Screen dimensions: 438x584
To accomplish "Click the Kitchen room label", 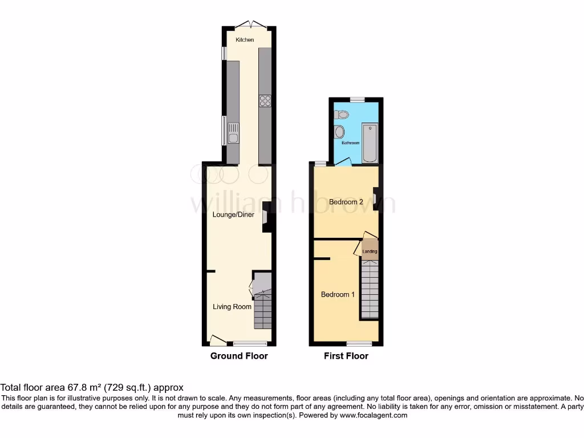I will click(x=245, y=40).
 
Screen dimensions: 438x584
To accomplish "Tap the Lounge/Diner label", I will click(x=233, y=215).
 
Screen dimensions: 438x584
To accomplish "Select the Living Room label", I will click(x=232, y=307).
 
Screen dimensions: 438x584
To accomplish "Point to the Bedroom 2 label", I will click(x=346, y=202).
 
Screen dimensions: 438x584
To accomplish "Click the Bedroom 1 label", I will click(x=338, y=295).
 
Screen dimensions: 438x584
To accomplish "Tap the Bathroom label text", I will click(x=350, y=143).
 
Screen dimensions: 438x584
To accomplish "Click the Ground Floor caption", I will click(x=239, y=356).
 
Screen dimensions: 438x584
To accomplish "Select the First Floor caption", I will click(x=346, y=356).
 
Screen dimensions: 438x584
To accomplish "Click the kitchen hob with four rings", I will click(x=265, y=101).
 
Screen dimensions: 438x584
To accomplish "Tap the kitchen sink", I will click(x=233, y=136).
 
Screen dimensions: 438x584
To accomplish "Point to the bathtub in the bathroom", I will click(x=370, y=143).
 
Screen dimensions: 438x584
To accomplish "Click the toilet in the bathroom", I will click(x=342, y=115).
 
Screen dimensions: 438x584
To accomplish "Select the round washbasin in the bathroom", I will click(x=340, y=133).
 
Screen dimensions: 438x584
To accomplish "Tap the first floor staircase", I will click(x=370, y=288).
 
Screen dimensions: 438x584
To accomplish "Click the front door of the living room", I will click(x=217, y=340).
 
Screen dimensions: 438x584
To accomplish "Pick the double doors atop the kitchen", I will click(x=252, y=25).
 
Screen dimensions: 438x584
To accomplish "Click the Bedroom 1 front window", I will click(x=359, y=344).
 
